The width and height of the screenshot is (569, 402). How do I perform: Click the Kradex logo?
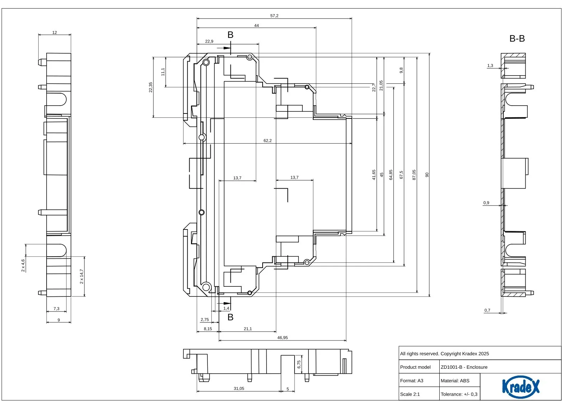coord(521,387)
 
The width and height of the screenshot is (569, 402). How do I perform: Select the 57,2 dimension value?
coord(274,16)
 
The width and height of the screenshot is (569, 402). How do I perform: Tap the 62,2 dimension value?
coord(268,141)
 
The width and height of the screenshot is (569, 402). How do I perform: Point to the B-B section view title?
coord(517,39)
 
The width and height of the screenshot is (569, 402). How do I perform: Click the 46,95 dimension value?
coord(282,338)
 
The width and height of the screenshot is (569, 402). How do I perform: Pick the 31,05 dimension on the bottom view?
coord(239,388)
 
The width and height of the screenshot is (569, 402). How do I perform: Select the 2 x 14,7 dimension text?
coord(82,276)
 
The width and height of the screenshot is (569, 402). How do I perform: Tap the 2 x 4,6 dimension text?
coord(23,266)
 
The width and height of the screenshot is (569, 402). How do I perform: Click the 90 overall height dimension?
coord(427,175)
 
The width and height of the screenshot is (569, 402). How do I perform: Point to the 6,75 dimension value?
coord(299,364)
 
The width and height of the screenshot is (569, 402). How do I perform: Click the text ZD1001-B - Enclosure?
coord(464,367)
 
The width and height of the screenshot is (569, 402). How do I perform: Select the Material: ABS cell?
coord(455,381)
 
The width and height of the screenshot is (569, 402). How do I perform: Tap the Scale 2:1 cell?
coord(410,394)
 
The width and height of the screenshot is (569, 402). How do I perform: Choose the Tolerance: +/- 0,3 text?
coord(459,394)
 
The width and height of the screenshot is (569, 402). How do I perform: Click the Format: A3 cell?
coord(411,381)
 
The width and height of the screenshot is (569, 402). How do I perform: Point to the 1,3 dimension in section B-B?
coord(490,66)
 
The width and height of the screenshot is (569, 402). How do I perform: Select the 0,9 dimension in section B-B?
coord(486,203)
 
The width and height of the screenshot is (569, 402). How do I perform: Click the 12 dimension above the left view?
coord(54,33)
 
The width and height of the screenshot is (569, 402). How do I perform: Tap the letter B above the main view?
coord(230,35)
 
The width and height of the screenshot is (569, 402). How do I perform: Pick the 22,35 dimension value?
coord(150,87)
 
